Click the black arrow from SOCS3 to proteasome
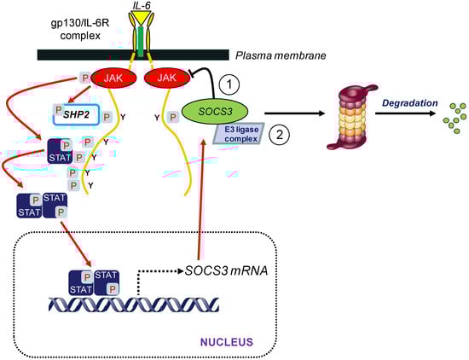[x=286, y=112]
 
